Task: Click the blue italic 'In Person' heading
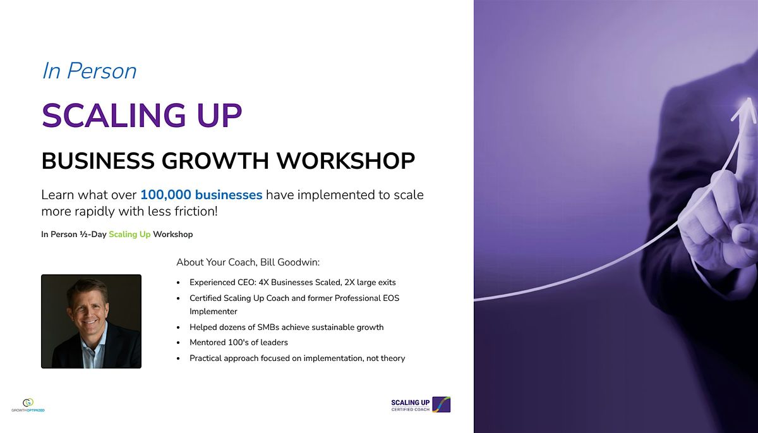89,71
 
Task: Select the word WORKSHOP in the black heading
346,161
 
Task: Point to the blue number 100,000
165,195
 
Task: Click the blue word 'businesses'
229,195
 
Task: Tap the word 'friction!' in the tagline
196,211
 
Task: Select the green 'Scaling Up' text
129,235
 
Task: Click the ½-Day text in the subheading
93,235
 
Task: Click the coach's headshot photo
92,321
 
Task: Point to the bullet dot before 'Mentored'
178,343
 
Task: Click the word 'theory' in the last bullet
393,358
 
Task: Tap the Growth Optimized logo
28,405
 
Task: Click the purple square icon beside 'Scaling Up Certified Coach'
442,405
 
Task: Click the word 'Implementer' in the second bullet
214,312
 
